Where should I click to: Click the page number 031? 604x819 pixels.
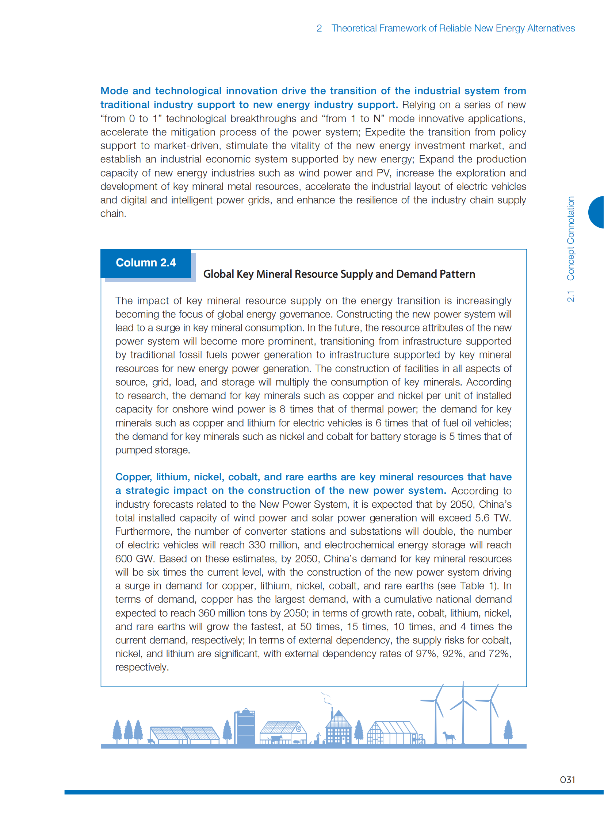click(567, 780)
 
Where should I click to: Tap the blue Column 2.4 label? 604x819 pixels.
click(145, 263)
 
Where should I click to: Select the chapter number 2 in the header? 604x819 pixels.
click(319, 28)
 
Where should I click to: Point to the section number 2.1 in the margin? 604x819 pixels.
click(570, 296)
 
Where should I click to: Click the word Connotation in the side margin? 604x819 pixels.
click(570, 238)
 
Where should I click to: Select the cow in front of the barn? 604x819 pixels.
click(275, 738)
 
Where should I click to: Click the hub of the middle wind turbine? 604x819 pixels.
click(463, 700)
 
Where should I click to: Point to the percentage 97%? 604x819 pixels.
click(426, 653)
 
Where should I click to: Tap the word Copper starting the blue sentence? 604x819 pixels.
click(133, 477)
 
